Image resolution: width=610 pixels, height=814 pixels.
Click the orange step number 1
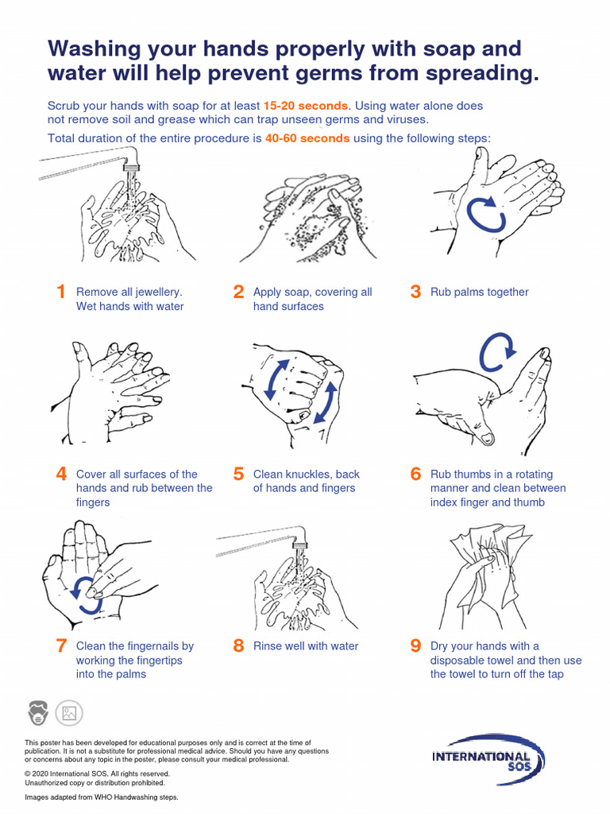click(61, 292)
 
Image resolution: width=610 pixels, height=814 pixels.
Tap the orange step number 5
click(238, 474)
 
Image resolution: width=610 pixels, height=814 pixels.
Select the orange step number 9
click(415, 646)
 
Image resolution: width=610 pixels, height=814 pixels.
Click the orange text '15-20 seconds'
click(305, 106)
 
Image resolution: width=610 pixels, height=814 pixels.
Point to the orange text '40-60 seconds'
click(307, 138)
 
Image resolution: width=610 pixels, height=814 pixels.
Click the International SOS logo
click(487, 759)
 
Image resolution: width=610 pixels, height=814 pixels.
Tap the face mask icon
click(38, 712)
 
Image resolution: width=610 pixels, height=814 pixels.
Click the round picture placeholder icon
click(69, 712)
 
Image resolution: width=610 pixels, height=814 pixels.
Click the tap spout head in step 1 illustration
click(130, 165)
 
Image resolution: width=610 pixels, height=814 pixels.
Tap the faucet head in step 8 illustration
click(300, 545)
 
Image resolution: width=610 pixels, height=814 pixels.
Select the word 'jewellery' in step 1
click(156, 292)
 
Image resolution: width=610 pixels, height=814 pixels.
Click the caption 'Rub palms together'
click(479, 292)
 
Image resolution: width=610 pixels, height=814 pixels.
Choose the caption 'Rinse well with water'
click(305, 646)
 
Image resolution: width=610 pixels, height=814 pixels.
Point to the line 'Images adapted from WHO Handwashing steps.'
click(102, 797)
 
